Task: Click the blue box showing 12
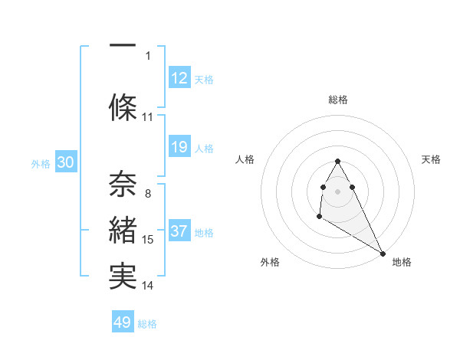[179, 79]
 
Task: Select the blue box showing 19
[179, 148]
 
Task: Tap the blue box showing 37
[179, 232]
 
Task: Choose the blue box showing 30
[65, 163]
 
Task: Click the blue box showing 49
[123, 322]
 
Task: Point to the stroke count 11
[148, 117]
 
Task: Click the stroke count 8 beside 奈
[148, 194]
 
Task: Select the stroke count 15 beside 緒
[148, 240]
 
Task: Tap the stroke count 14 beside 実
[148, 286]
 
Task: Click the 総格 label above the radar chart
[338, 100]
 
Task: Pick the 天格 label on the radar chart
[432, 159]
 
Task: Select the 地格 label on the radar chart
[402, 262]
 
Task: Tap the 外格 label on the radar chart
[270, 262]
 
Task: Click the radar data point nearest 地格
[383, 253]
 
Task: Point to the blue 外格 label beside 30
[41, 164]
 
